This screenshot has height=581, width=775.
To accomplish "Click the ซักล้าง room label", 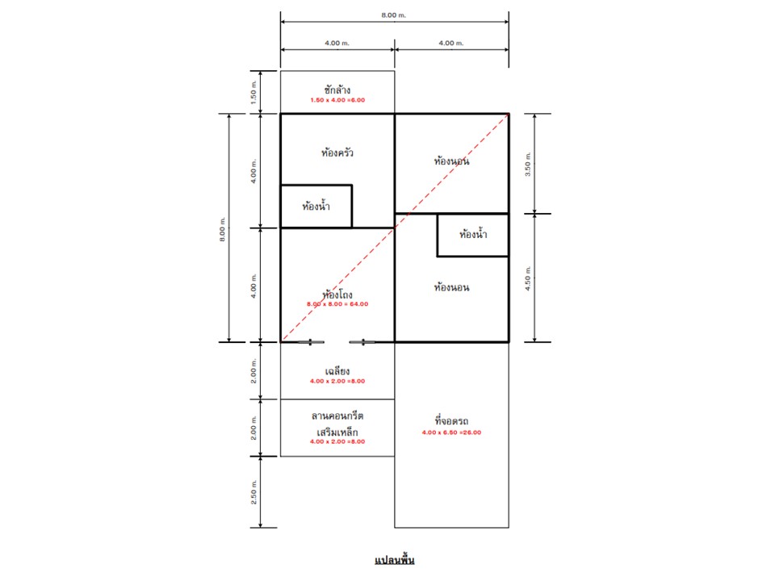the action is [x=337, y=90].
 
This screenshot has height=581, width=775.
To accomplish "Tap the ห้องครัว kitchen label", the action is [x=337, y=153].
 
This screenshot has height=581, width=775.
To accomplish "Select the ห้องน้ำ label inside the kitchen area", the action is [x=316, y=206].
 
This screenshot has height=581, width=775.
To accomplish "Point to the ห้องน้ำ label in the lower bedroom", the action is [x=473, y=234].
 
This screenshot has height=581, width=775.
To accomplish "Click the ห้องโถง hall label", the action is [x=337, y=295].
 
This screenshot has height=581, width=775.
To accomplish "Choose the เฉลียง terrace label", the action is [x=337, y=371].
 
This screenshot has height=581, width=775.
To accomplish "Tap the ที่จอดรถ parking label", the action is [x=452, y=421].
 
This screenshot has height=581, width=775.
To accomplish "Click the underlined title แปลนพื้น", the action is [x=395, y=560].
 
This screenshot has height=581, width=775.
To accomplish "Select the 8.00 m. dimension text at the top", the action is [x=393, y=15].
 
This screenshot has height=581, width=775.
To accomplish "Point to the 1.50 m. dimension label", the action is [x=253, y=92].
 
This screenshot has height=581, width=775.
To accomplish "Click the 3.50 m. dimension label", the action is [x=528, y=164].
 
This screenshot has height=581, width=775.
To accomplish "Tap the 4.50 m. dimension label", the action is [x=528, y=278].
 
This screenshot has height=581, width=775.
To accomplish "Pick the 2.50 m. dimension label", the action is [x=253, y=491].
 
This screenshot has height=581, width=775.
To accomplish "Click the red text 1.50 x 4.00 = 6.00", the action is [x=337, y=100].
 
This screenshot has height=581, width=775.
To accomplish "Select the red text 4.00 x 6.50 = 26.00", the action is [x=452, y=433].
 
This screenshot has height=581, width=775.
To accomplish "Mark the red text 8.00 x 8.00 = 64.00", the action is [x=337, y=304].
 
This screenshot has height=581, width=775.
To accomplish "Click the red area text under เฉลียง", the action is [x=337, y=381].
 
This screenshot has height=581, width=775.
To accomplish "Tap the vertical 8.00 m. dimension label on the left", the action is [x=223, y=229].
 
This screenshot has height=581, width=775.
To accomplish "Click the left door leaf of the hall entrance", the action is [x=311, y=342].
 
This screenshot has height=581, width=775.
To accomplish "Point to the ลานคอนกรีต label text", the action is [x=337, y=416].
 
